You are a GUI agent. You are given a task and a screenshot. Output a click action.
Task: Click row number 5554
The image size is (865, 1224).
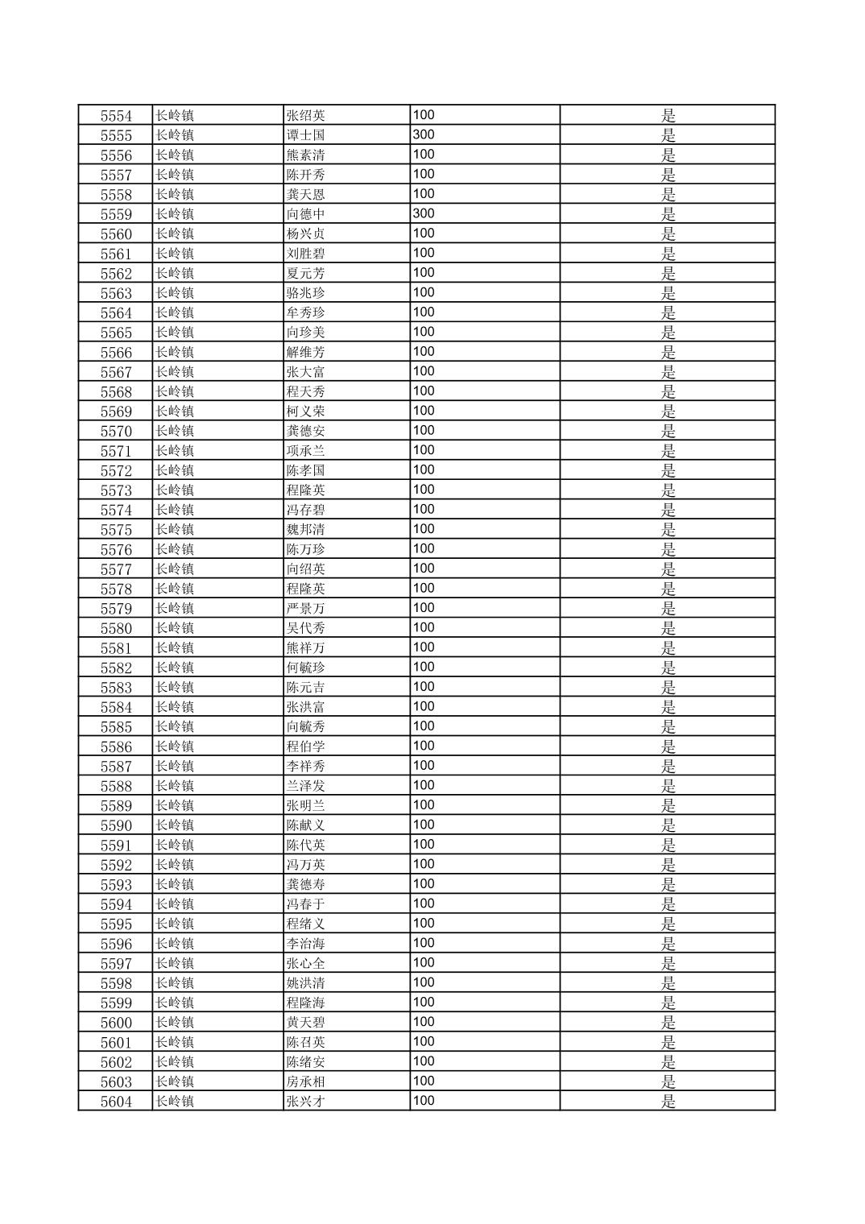tap(116, 116)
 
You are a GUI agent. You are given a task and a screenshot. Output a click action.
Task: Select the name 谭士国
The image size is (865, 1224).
tap(306, 135)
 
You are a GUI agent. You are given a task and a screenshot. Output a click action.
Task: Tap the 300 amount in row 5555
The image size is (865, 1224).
tap(424, 134)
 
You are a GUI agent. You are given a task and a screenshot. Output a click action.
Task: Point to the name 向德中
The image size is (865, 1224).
tap(306, 214)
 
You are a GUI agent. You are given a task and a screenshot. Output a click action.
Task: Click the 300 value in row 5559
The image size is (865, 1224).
tap(424, 213)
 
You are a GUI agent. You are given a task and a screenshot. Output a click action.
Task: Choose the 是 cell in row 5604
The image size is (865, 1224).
tap(668, 1102)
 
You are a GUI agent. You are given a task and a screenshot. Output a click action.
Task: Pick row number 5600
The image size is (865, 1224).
tap(116, 1023)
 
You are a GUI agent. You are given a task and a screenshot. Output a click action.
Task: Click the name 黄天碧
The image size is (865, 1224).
tap(306, 1023)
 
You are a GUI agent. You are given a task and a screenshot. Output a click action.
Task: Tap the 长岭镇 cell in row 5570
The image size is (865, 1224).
tap(175, 431)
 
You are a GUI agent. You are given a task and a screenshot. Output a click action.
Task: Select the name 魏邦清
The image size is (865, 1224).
tap(306, 530)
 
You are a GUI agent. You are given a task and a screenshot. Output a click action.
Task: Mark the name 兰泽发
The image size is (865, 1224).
tap(306, 786)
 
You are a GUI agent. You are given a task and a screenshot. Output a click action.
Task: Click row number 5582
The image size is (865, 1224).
tap(116, 668)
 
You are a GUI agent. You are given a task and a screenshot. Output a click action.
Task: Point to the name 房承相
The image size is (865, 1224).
tap(306, 1081)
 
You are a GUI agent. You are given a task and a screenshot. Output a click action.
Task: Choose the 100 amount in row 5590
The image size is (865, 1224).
tap(424, 825)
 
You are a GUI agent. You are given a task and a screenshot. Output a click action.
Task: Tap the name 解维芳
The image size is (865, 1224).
tap(306, 352)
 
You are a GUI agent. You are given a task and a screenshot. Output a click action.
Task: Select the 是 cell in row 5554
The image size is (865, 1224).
tap(668, 116)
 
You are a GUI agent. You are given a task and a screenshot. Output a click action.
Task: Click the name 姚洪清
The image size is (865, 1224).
tap(306, 983)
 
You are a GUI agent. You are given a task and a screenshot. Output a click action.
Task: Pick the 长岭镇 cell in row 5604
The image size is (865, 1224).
tap(175, 1102)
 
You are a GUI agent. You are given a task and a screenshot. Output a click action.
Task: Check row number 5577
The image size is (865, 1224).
tap(116, 569)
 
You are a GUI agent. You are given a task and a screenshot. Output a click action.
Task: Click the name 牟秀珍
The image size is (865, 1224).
tap(306, 312)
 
